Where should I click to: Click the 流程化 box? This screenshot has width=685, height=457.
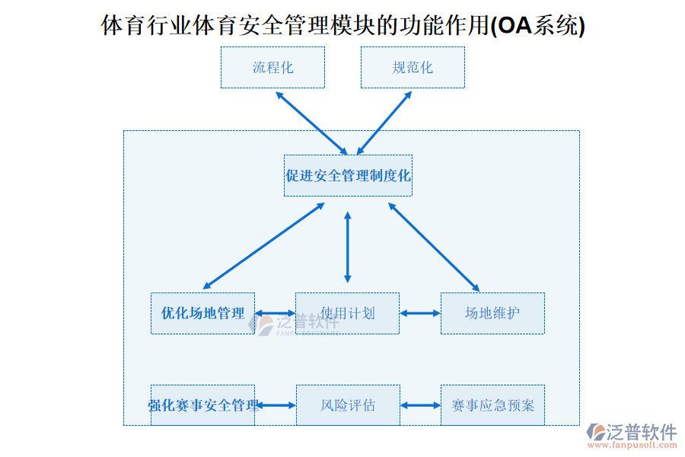[x=272, y=67]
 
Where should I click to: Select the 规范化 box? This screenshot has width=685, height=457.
[x=413, y=67]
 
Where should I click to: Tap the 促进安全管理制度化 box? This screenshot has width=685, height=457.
[x=348, y=175]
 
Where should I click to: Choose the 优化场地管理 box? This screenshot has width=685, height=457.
[x=202, y=313]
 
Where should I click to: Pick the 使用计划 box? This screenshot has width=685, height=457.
[x=347, y=313]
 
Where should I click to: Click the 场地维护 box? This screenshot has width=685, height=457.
[x=492, y=313]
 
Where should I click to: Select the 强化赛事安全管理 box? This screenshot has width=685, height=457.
[x=202, y=404]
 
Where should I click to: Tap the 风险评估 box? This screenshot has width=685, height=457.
[x=347, y=404]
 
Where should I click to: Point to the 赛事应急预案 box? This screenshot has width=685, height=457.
[x=492, y=404]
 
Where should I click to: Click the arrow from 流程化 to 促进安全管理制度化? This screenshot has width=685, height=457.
[x=311, y=123]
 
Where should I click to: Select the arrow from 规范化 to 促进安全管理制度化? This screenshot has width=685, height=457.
[x=384, y=123]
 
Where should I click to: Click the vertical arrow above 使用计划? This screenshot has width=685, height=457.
[x=348, y=247]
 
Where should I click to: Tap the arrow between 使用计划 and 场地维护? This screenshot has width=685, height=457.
[x=420, y=313]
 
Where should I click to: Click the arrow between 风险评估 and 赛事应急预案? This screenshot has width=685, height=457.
[x=420, y=405]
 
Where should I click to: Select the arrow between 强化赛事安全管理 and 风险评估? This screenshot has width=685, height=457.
[x=276, y=405]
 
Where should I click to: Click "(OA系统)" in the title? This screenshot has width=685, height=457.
[x=538, y=27]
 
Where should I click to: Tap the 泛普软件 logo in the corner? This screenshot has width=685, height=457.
[x=631, y=433]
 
